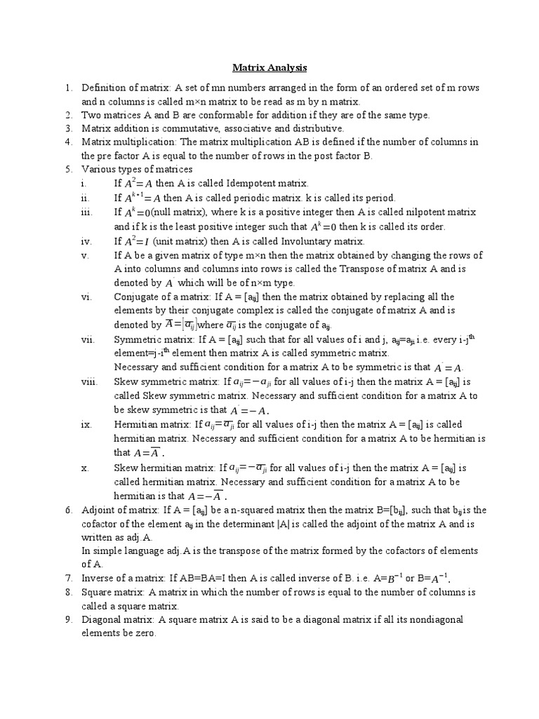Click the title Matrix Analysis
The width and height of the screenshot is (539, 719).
pos(269,68)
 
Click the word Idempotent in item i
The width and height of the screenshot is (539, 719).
pos(246,183)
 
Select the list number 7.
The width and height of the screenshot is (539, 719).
pos(69,579)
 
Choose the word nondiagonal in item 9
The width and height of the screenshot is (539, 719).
pos(434,619)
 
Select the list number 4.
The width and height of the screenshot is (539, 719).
pos(69,142)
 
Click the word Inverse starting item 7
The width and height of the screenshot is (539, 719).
pos(100,579)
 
